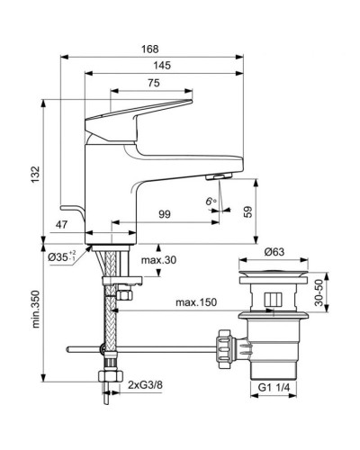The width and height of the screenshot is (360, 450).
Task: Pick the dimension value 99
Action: [165, 213]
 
